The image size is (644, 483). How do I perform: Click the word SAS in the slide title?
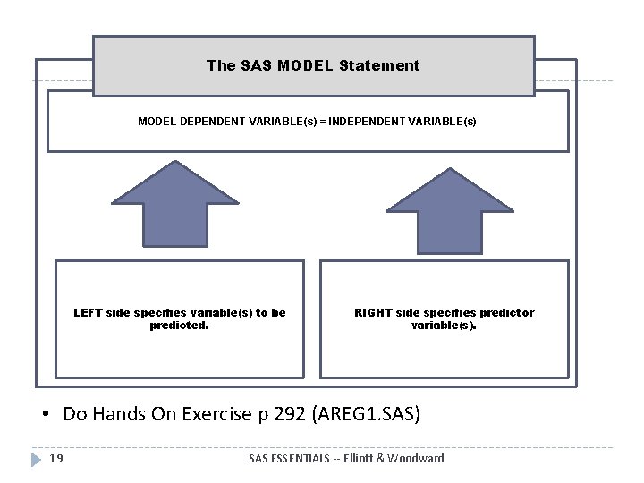[257, 65]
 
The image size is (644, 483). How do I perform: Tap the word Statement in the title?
[386, 65]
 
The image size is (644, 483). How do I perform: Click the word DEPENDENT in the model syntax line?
[213, 121]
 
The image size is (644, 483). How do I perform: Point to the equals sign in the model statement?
[323, 121]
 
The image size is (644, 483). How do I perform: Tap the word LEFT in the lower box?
[88, 313]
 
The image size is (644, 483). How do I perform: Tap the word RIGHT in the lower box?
[374, 313]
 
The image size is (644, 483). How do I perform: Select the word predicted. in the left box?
[180, 326]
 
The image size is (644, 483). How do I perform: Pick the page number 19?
[55, 459]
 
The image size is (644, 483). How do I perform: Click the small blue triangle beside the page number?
[36, 459]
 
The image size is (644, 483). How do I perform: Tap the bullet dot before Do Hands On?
[44, 416]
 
